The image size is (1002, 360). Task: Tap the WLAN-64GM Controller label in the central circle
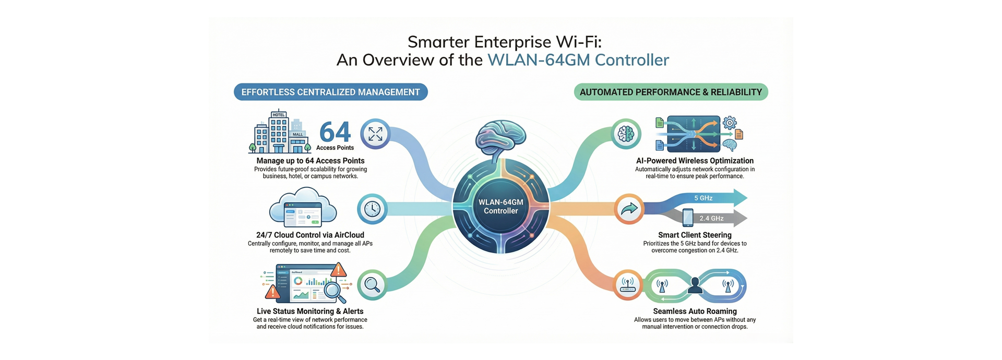(x=500, y=207)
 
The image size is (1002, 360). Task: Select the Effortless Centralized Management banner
(x=330, y=92)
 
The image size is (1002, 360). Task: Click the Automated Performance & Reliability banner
(x=671, y=92)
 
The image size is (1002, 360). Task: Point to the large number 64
(x=335, y=132)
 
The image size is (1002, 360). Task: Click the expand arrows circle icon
(x=375, y=134)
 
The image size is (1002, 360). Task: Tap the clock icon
(x=372, y=209)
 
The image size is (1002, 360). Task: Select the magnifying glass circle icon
(x=372, y=285)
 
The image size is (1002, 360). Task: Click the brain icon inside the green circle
(x=626, y=134)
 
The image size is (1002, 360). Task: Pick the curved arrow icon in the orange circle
(x=629, y=209)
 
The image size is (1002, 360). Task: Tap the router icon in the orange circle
(x=628, y=285)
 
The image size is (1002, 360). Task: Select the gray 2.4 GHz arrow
(x=715, y=218)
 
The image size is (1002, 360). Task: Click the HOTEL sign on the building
(x=279, y=115)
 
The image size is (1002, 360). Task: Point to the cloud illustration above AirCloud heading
(x=303, y=209)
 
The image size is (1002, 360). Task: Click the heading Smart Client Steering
(x=695, y=235)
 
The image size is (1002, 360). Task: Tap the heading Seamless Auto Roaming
(x=695, y=311)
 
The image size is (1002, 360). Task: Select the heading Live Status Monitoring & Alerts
(x=310, y=311)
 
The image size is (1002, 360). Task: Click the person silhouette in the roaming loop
(x=695, y=285)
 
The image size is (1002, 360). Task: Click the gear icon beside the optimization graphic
(x=730, y=123)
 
